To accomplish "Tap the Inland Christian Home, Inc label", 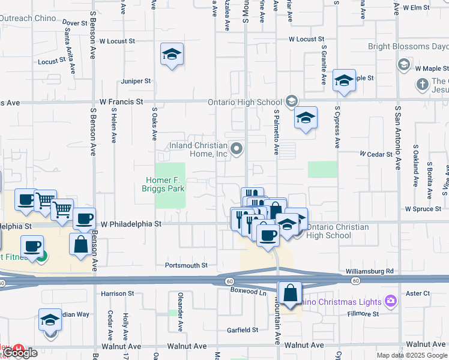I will pyautogui.click(x=198, y=149).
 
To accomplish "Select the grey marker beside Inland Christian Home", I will pyautogui.click(x=237, y=148).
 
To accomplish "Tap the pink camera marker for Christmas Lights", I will pyautogui.click(x=391, y=300).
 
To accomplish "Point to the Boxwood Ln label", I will pyautogui.click(x=248, y=292).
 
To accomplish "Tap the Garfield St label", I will pyautogui.click(x=242, y=329).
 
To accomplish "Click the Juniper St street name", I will pyautogui.click(x=136, y=81).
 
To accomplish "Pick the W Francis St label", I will pyautogui.click(x=122, y=102).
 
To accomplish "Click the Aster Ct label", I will pyautogui.click(x=418, y=293).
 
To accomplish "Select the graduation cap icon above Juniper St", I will pyautogui.click(x=172, y=55).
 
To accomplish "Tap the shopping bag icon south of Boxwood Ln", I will pyautogui.click(x=290, y=294).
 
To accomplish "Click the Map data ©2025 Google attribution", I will pyautogui.click(x=412, y=355).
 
